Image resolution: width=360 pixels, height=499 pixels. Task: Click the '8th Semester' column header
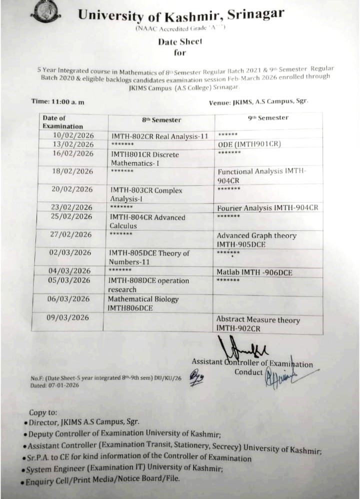pos(161,120)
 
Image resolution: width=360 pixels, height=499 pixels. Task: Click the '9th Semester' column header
pos(268,118)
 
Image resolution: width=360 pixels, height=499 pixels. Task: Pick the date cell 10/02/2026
pos(72,135)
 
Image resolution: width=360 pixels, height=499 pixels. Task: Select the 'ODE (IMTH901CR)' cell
pos(249,144)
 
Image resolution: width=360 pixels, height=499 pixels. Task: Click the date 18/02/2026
pos(72,171)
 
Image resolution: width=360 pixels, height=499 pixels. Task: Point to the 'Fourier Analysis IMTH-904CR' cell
pos(267,207)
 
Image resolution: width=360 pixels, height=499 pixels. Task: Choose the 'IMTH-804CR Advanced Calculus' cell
pos(147,221)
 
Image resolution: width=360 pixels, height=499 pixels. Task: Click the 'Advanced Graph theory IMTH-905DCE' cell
pos(256,239)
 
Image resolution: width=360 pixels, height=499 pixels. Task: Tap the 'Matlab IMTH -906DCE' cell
pos(254,272)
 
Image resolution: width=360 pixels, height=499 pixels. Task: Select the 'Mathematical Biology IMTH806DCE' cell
pos(143,303)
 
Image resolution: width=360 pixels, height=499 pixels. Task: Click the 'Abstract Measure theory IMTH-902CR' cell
pos(258,323)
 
